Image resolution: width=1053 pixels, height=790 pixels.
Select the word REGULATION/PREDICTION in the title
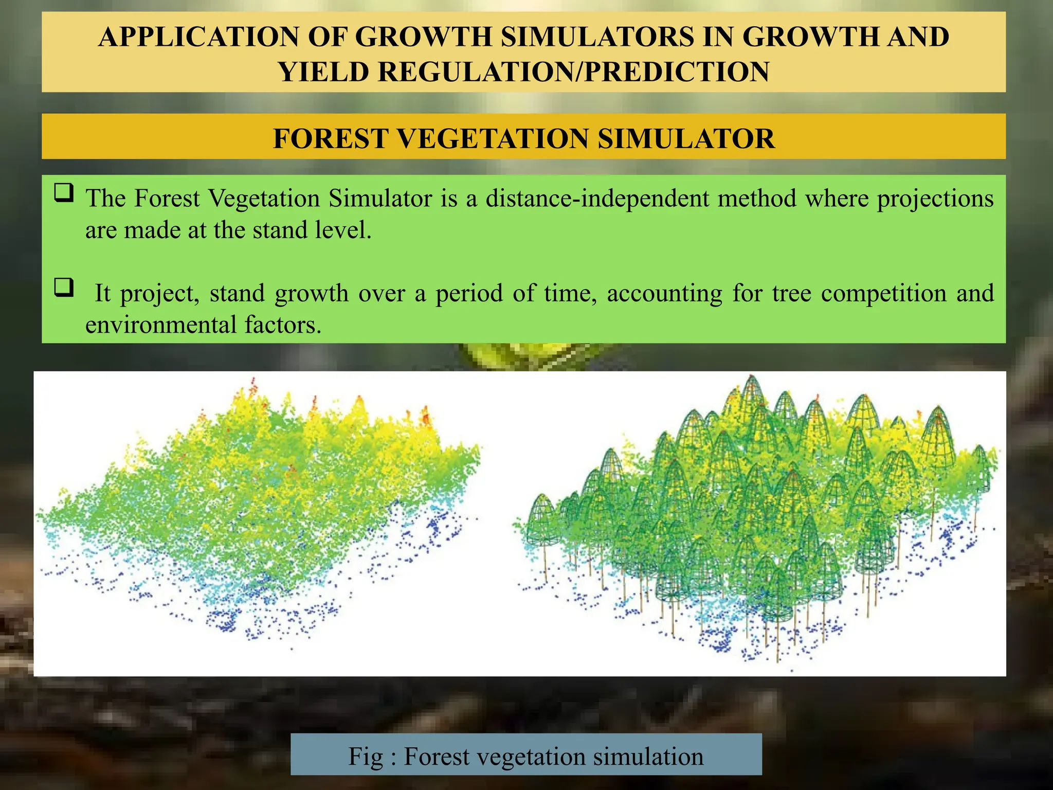[x=574, y=72]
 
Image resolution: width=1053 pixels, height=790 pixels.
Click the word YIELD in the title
[x=323, y=72]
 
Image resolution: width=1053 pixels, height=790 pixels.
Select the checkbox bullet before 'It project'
[x=64, y=288]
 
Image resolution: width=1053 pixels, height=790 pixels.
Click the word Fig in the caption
[x=366, y=757]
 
